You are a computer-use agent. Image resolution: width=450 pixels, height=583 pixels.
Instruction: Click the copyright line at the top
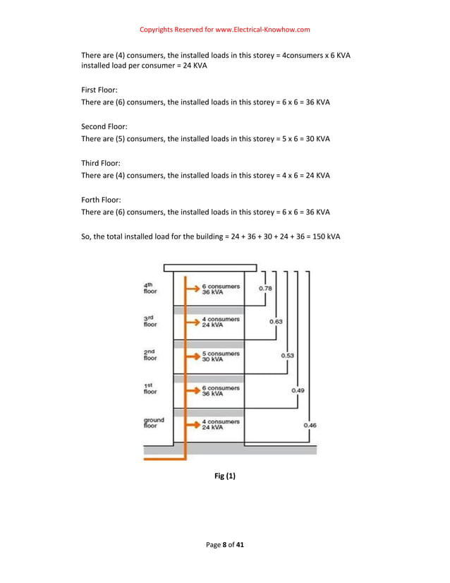[x=225, y=30]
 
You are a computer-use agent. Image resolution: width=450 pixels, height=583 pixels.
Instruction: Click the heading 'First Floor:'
[x=99, y=90]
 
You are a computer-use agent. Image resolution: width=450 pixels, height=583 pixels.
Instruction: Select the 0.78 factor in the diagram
[x=266, y=288]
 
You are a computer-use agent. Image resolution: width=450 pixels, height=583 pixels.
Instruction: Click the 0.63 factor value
[x=276, y=321]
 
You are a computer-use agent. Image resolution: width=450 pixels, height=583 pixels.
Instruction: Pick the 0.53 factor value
[x=287, y=355]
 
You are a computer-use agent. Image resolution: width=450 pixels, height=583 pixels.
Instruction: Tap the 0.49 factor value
[x=298, y=390]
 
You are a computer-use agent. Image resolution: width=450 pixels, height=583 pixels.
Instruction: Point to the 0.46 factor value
[x=310, y=425]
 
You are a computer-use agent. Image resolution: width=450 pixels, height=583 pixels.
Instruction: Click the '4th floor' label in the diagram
[x=150, y=288]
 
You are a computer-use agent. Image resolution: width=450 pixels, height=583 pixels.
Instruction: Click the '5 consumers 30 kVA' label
[x=219, y=356]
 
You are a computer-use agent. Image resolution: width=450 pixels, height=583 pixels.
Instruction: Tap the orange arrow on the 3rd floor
[x=192, y=322]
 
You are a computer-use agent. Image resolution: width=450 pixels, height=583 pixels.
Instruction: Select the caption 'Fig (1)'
[x=224, y=476]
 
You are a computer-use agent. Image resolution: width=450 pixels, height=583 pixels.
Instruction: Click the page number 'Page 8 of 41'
[x=225, y=544]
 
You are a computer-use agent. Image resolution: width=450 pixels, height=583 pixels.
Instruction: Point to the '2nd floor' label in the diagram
[x=151, y=355]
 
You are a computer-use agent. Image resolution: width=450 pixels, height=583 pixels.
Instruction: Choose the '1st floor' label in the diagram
[x=150, y=389]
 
